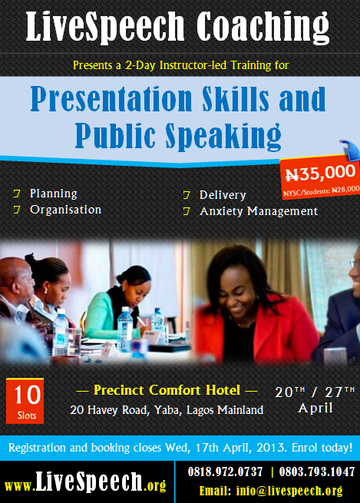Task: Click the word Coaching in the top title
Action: tap(263, 27)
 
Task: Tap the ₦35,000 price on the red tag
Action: tap(320, 173)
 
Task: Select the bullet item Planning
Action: tap(54, 194)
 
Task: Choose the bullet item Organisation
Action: tap(66, 210)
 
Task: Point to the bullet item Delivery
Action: tap(223, 195)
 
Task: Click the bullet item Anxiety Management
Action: tap(259, 211)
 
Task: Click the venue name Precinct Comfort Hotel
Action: tap(167, 390)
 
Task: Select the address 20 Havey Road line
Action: tap(167, 410)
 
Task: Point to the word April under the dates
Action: tap(315, 408)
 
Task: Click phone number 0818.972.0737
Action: tap(225, 472)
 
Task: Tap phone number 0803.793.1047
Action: tap(317, 472)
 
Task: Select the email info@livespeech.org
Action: tap(289, 491)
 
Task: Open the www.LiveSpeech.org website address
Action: tap(85, 482)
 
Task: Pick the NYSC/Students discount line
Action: tap(321, 191)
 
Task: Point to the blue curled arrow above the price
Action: tap(350, 149)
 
